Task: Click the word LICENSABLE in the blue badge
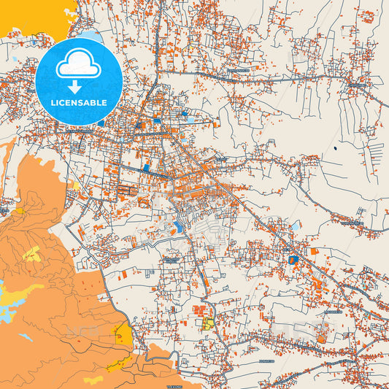pyautogui.click(x=78, y=103)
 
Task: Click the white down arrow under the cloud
pyautogui.click(x=78, y=85)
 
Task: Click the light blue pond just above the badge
pyautogui.click(x=91, y=34)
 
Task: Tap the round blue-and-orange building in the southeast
pyautogui.click(x=293, y=260)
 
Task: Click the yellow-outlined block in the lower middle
pyautogui.click(x=209, y=323)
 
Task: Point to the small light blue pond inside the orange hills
pyautogui.click(x=26, y=337)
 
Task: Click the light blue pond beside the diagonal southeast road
pyautogui.click(x=295, y=227)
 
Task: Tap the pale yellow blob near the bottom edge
pyautogui.click(x=93, y=380)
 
